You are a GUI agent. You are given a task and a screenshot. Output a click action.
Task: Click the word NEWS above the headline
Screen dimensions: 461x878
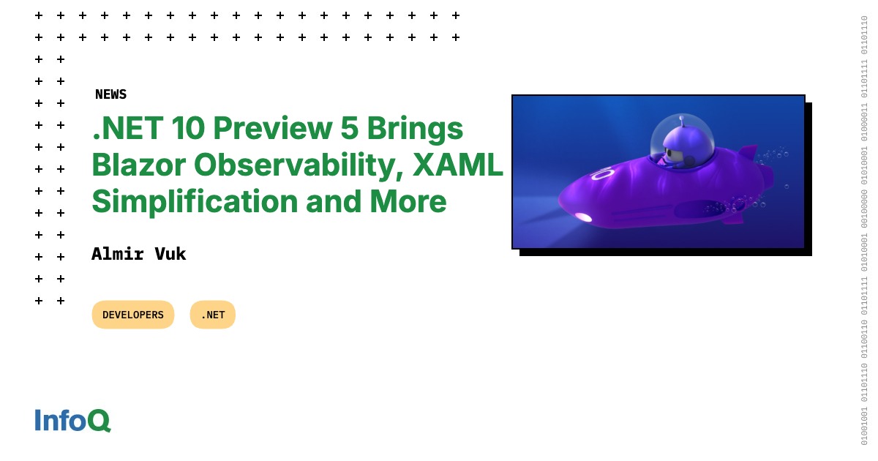(x=110, y=94)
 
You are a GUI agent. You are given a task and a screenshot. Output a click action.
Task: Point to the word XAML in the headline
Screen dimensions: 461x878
(x=458, y=165)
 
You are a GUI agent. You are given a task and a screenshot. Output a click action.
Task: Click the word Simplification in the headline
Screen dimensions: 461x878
(x=194, y=201)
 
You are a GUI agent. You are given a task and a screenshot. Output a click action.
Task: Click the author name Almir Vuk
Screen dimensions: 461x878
(x=139, y=254)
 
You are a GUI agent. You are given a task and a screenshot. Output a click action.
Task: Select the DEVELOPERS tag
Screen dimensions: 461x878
(x=133, y=315)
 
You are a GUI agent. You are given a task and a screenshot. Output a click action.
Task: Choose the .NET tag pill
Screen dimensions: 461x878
(x=213, y=315)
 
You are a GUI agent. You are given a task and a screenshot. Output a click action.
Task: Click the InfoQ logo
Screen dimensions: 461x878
(x=72, y=420)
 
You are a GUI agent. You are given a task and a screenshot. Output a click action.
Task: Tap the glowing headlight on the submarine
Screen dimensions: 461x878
(x=583, y=217)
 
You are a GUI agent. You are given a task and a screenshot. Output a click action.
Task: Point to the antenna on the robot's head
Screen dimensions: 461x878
(x=681, y=119)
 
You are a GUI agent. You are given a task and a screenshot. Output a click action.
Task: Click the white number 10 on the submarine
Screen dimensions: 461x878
(x=602, y=174)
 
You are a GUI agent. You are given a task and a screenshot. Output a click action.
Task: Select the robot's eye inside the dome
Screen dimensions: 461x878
(x=668, y=154)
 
